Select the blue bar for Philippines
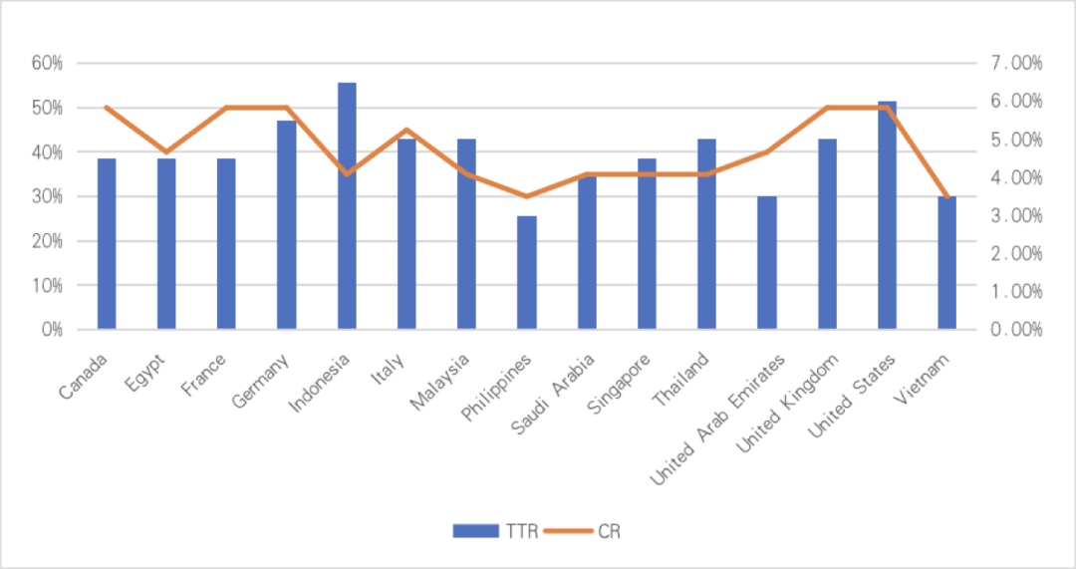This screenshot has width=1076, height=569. point(526,271)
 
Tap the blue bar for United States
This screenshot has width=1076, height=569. point(887,214)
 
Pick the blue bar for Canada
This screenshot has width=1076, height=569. point(107,243)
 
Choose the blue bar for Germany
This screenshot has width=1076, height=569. point(286,224)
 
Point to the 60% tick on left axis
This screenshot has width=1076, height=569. point(47,63)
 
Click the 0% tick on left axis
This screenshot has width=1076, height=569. point(52,329)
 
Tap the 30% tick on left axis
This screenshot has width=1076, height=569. point(47,196)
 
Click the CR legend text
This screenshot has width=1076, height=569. point(610,531)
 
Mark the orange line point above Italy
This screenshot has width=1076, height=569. point(406,129)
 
